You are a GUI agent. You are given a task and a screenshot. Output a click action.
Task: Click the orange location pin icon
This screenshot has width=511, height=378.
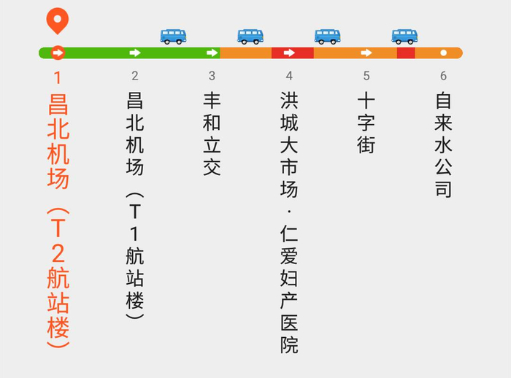(57, 20)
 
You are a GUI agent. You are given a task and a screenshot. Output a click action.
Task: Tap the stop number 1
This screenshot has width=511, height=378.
(58, 76)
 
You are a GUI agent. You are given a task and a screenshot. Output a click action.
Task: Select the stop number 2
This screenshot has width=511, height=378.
(135, 76)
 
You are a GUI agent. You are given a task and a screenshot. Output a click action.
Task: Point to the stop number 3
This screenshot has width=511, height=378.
(212, 76)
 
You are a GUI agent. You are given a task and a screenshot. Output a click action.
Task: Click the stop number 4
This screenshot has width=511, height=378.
(289, 76)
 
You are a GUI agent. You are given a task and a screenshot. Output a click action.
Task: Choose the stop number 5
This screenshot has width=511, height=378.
(366, 76)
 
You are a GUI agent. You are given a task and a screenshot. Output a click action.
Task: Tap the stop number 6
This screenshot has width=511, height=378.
(443, 76)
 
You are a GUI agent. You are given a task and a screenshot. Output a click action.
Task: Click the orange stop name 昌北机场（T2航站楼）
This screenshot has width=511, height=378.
(58, 219)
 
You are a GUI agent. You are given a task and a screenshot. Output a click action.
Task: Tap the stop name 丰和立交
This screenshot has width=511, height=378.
(212, 134)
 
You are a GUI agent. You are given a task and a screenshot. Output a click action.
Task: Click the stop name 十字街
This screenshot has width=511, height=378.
(366, 123)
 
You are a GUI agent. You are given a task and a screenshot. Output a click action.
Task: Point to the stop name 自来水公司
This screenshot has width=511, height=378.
(443, 144)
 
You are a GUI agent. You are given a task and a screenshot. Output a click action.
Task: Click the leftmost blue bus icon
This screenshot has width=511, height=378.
(173, 36)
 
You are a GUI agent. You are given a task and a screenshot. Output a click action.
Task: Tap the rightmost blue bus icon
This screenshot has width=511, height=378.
(404, 36)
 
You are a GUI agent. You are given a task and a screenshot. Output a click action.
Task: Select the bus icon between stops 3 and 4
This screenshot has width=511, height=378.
(250, 36)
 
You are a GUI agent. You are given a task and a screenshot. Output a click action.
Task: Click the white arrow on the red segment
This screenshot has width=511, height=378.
(289, 53)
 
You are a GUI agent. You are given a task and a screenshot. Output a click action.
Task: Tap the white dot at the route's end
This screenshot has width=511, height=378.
(443, 53)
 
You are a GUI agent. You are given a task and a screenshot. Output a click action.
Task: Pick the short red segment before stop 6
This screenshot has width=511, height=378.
(406, 53)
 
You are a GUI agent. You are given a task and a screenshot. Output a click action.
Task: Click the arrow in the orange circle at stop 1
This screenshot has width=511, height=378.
(58, 53)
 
